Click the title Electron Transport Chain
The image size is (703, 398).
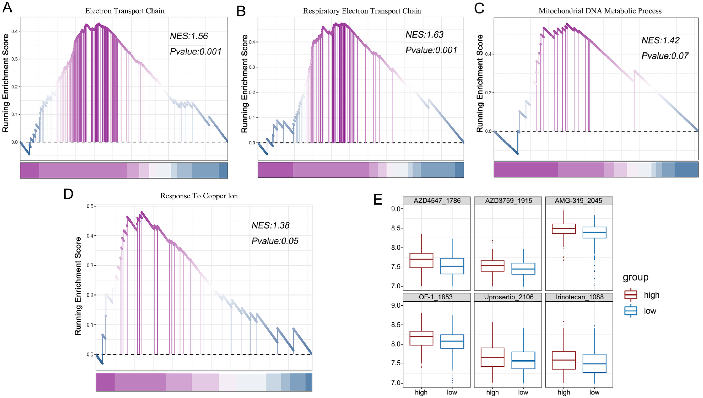point(125,11)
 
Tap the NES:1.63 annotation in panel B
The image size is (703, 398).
point(424,35)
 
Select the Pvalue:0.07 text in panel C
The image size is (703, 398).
point(665,56)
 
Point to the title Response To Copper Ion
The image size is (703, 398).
point(199,196)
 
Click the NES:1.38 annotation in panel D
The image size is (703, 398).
point(270,225)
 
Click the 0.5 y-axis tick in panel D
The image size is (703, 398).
point(90,206)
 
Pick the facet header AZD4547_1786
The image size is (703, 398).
point(437,201)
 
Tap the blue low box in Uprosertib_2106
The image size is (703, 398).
point(523,360)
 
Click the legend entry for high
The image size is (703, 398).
point(641,295)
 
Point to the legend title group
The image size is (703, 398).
point(635,277)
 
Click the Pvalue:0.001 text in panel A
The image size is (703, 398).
point(195,52)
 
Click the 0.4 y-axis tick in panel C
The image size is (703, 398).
point(488,54)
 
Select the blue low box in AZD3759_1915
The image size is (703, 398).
point(523,269)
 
